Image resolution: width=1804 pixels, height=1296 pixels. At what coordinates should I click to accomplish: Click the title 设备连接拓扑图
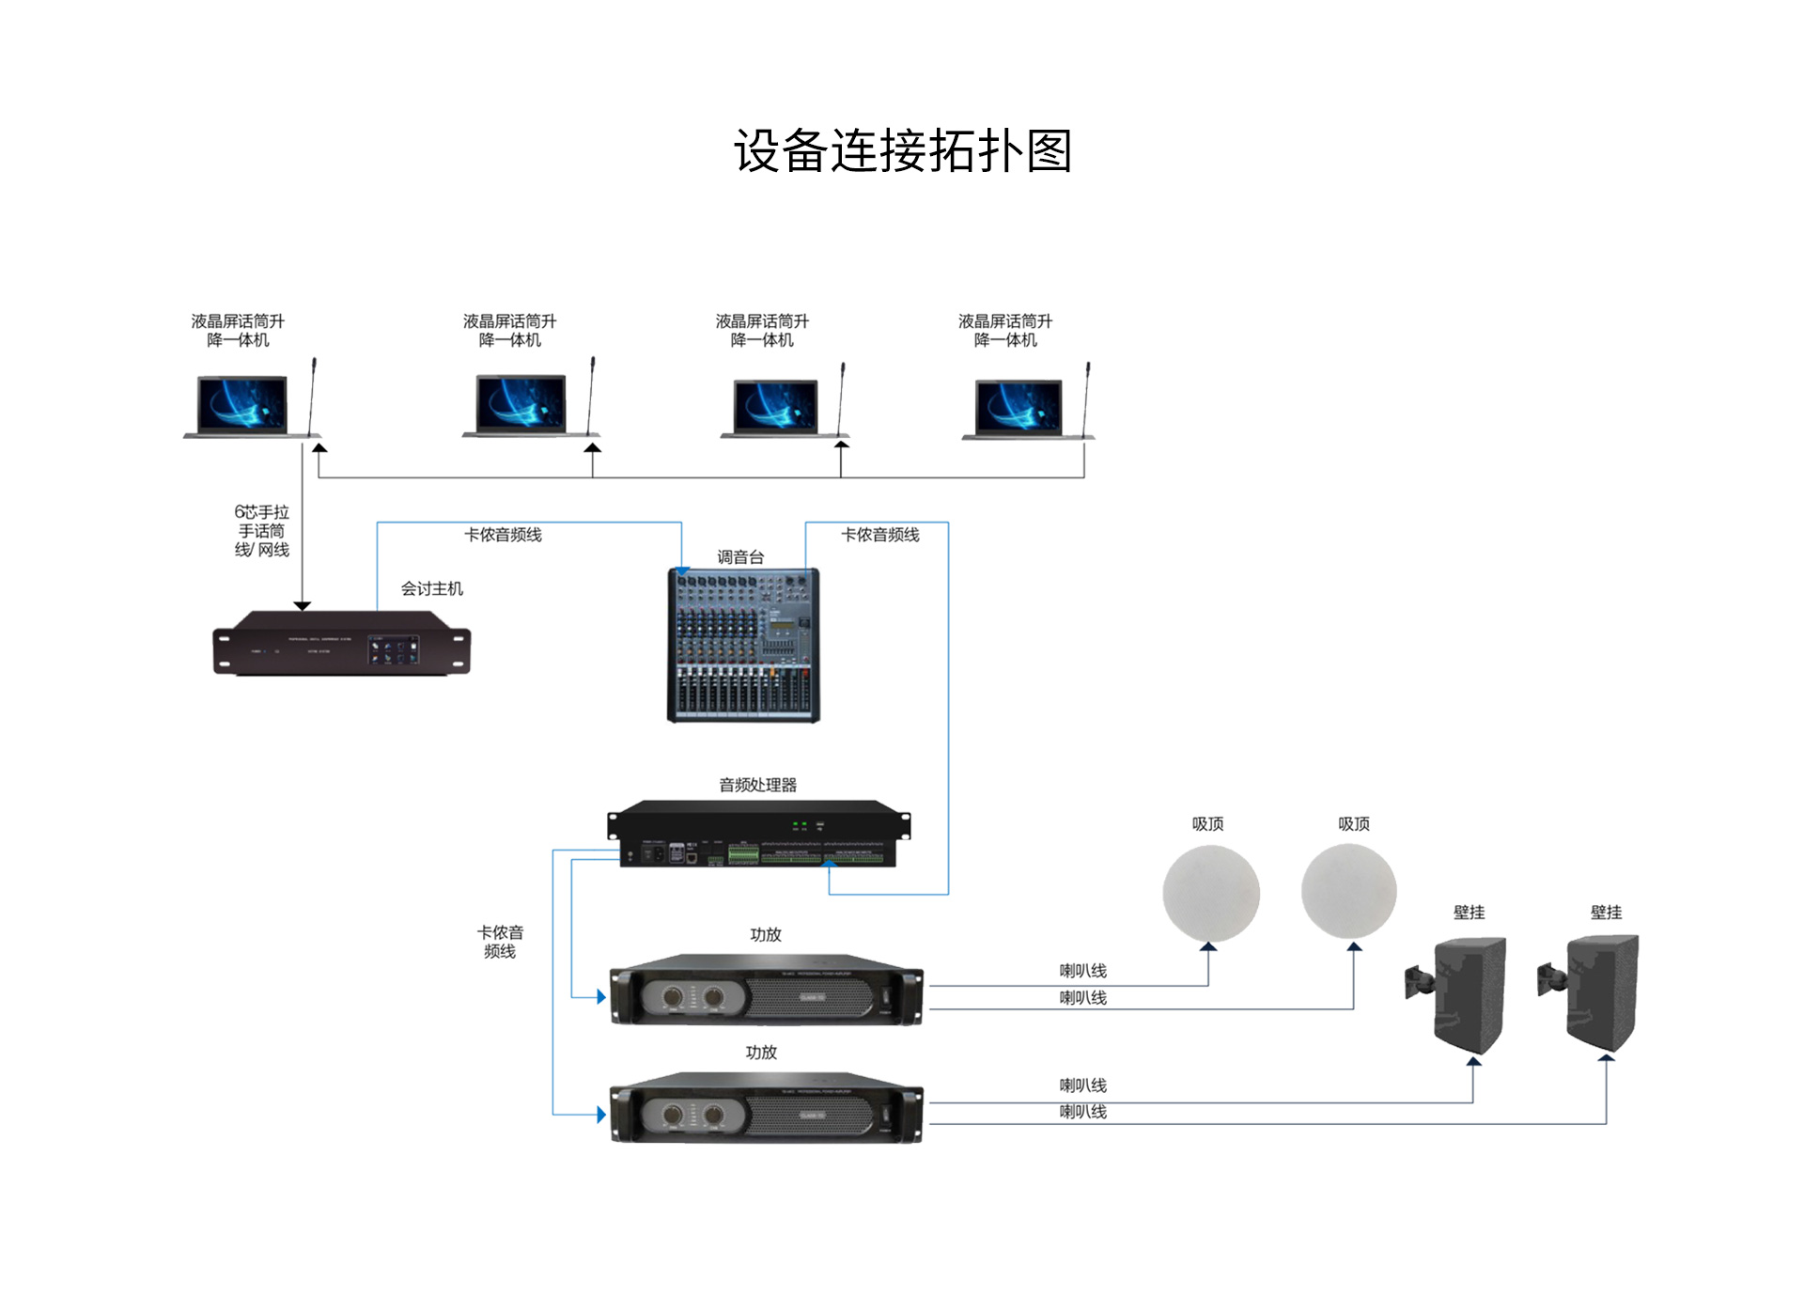click(x=902, y=151)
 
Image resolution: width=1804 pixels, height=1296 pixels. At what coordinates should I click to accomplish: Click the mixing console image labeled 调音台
click(x=742, y=645)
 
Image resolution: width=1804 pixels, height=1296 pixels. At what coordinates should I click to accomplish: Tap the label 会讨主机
click(x=431, y=588)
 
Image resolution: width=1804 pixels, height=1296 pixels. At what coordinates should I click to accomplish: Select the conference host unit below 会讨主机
click(x=341, y=644)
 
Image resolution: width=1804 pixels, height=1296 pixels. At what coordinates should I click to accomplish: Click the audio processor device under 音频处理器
click(x=758, y=834)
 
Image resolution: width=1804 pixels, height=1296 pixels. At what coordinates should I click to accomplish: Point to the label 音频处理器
click(x=757, y=785)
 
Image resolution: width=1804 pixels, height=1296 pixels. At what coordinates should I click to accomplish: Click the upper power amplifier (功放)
click(x=766, y=991)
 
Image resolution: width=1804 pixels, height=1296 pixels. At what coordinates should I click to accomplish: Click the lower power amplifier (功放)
click(x=766, y=1109)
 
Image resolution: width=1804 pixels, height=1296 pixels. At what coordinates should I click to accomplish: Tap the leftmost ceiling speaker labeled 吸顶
click(x=1210, y=893)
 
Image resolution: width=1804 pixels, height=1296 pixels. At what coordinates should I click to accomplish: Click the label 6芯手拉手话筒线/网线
click(x=261, y=531)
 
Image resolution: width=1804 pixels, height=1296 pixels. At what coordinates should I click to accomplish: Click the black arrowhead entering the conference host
click(x=303, y=606)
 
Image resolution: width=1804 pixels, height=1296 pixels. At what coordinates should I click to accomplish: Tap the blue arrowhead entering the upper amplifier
click(x=601, y=997)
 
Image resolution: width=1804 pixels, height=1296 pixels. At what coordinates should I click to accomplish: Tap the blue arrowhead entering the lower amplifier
click(x=601, y=1115)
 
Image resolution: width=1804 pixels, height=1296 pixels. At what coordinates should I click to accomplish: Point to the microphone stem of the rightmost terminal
click(x=1086, y=399)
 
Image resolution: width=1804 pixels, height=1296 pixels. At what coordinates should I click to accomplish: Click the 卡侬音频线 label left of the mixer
click(x=503, y=535)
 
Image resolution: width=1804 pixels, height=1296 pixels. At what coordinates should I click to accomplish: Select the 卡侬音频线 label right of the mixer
click(x=879, y=535)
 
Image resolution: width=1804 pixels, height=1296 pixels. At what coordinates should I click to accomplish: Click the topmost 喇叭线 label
click(x=1082, y=971)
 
